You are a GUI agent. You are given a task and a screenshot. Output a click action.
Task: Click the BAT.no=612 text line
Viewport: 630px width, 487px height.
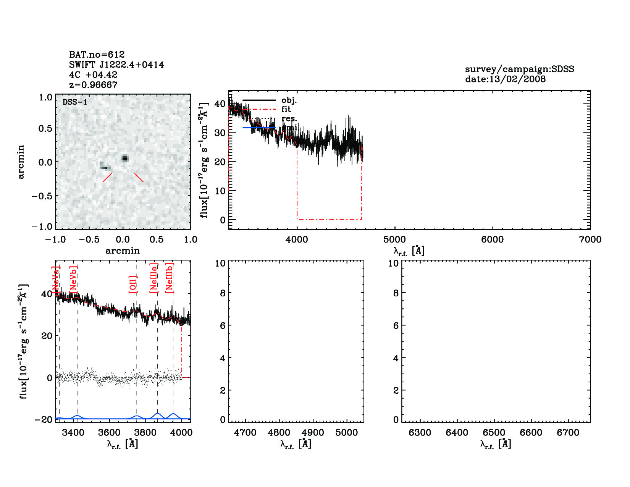click(97, 55)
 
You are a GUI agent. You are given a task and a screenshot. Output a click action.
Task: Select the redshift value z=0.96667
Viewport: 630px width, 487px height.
click(93, 85)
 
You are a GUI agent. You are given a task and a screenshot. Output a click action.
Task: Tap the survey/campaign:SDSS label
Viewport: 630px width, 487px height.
click(519, 69)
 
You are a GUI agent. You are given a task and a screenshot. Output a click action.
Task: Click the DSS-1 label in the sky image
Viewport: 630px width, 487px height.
click(75, 102)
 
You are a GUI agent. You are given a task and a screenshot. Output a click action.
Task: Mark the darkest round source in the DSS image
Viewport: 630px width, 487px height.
click(124, 158)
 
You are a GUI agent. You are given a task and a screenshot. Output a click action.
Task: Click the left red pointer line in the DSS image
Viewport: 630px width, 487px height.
click(107, 177)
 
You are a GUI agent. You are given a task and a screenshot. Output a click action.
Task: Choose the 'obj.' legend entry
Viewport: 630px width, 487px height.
click(289, 100)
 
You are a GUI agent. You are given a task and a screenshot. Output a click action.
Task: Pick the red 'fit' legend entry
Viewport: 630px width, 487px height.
click(286, 109)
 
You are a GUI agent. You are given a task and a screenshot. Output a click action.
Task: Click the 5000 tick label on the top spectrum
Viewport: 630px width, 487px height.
click(394, 239)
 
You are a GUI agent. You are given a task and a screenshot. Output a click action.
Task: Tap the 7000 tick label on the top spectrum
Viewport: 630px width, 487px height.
click(590, 239)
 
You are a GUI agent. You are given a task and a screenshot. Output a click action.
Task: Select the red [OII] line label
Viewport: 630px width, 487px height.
click(133, 285)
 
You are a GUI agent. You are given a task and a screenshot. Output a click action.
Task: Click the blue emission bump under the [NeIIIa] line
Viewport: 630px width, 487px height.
click(157, 414)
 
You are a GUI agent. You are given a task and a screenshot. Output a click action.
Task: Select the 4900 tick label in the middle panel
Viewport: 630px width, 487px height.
click(313, 433)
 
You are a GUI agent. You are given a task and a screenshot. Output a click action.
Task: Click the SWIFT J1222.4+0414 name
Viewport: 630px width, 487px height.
click(116, 65)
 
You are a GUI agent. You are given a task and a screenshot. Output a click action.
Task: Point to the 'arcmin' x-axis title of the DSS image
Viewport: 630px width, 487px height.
click(123, 251)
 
